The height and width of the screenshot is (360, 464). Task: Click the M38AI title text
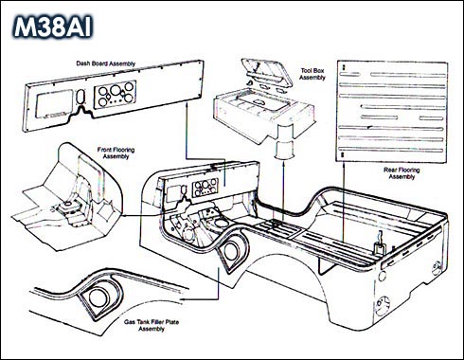coord(53,27)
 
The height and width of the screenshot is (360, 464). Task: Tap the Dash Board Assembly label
coord(105,63)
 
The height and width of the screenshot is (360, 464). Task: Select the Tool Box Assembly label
coord(312,74)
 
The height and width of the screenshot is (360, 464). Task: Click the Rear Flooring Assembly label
coord(402,173)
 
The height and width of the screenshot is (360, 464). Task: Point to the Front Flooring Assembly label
coord(116,153)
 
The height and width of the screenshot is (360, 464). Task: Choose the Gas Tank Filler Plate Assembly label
coord(152,325)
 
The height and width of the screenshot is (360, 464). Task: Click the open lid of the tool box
coord(266,71)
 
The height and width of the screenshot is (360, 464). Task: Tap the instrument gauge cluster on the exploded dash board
coord(116,94)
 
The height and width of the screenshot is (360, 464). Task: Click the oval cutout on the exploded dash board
coord(81,97)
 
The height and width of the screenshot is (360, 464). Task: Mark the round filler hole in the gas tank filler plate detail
coord(99,298)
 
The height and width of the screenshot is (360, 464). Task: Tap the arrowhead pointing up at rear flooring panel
coord(343,165)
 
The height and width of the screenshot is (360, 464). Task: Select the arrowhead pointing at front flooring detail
coord(124,215)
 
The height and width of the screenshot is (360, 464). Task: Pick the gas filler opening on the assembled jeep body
coord(233,252)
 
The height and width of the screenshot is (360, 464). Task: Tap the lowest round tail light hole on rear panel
coord(383,306)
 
